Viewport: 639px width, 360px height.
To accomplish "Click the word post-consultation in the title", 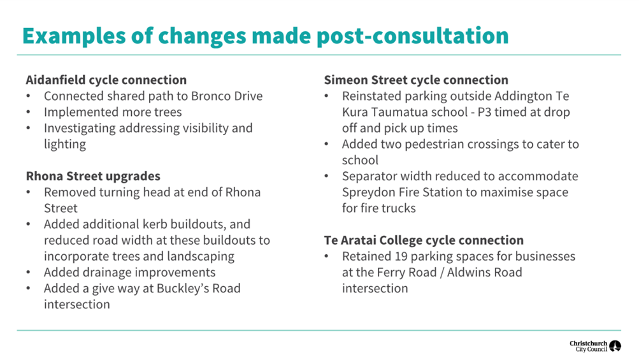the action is (x=412, y=36).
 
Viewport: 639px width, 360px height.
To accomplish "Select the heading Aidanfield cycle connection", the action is (x=106, y=80).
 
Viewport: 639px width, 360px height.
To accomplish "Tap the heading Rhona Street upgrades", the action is (x=93, y=176).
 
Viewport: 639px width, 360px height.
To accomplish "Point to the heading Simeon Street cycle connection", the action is (x=416, y=80).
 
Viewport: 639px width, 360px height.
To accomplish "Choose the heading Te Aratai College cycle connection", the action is (x=424, y=240).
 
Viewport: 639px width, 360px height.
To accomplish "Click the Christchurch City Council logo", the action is (x=595, y=346).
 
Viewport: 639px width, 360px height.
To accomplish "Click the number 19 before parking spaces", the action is (x=401, y=256).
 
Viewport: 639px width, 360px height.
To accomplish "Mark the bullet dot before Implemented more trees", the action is (x=29, y=112).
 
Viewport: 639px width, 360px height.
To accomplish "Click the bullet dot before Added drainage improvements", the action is (x=29, y=272).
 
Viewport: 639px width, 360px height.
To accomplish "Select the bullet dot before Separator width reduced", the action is (x=326, y=176).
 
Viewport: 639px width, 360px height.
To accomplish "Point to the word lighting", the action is (x=65, y=145).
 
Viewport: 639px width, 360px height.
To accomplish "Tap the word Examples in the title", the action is (x=74, y=36).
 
